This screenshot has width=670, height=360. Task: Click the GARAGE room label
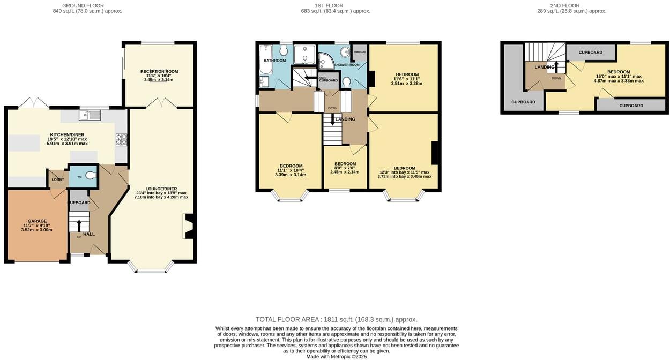[38, 221]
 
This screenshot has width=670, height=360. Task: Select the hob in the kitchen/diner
[121, 139]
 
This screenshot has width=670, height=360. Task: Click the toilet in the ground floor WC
[90, 176]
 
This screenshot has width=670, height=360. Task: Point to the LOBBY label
[58, 179]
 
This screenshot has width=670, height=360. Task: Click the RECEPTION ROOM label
[159, 71]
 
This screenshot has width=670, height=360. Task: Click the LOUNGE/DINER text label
[161, 189]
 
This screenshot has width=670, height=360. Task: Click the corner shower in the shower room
[324, 60]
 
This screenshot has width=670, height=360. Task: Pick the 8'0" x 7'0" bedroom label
[345, 164]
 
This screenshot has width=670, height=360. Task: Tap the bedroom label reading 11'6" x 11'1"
[407, 74]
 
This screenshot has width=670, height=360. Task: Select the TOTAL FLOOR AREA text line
[336, 319]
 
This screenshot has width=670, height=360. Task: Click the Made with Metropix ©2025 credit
[336, 356]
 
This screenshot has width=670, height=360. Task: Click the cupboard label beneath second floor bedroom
[631, 106]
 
